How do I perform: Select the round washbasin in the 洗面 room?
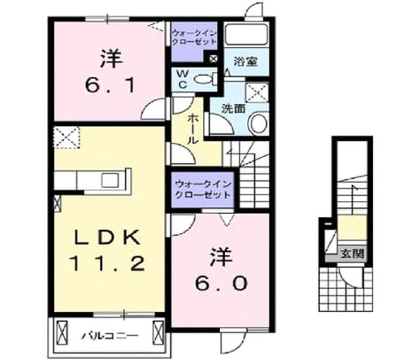click(x=258, y=123)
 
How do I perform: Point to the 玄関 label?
click(x=352, y=254)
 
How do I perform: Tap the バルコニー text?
click(x=110, y=336)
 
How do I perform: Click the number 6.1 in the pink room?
click(x=110, y=85)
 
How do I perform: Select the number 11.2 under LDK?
click(x=107, y=263)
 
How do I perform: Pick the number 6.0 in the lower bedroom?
click(x=221, y=283)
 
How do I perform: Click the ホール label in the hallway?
click(x=192, y=130)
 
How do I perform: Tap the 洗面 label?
click(x=233, y=109)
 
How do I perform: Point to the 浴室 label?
click(x=246, y=62)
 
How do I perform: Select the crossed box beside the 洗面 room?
click(x=257, y=92)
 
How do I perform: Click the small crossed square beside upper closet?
click(x=213, y=59)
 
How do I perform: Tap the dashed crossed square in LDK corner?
click(x=66, y=137)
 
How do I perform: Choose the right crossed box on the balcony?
click(x=159, y=332)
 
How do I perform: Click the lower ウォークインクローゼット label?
click(x=203, y=189)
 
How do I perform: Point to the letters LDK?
click(x=107, y=237)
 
